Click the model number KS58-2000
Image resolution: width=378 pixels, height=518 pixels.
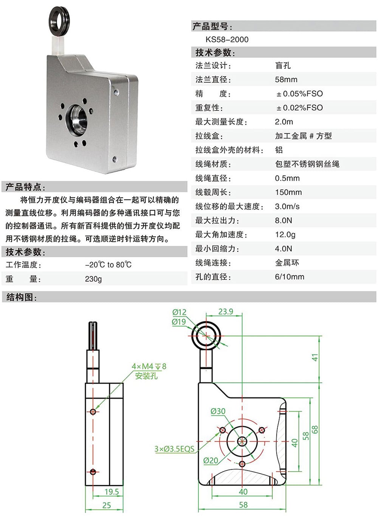click(227, 40)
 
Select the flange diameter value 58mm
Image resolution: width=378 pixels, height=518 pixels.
click(286, 80)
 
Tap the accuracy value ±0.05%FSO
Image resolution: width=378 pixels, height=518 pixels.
click(299, 94)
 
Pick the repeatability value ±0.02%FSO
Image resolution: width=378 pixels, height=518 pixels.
click(299, 108)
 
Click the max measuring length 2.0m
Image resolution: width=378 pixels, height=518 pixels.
click(284, 122)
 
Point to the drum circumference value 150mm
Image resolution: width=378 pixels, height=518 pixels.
click(288, 192)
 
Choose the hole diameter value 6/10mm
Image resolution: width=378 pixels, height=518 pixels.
click(290, 277)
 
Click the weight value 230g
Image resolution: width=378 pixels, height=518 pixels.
click(93, 279)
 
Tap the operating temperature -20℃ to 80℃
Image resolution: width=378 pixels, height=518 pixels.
click(108, 265)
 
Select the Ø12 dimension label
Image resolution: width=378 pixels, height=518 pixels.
click(179, 312)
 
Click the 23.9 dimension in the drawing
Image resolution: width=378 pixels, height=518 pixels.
click(226, 312)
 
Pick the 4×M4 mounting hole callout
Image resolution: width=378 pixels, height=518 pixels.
click(149, 366)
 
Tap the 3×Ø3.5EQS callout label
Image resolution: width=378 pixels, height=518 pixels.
click(174, 449)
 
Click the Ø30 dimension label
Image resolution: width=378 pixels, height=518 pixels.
click(218, 411)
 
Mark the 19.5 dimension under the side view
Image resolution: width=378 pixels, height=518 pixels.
click(112, 492)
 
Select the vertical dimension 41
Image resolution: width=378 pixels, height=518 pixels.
click(314, 357)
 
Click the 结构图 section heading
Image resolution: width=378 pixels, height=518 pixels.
click(22, 297)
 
